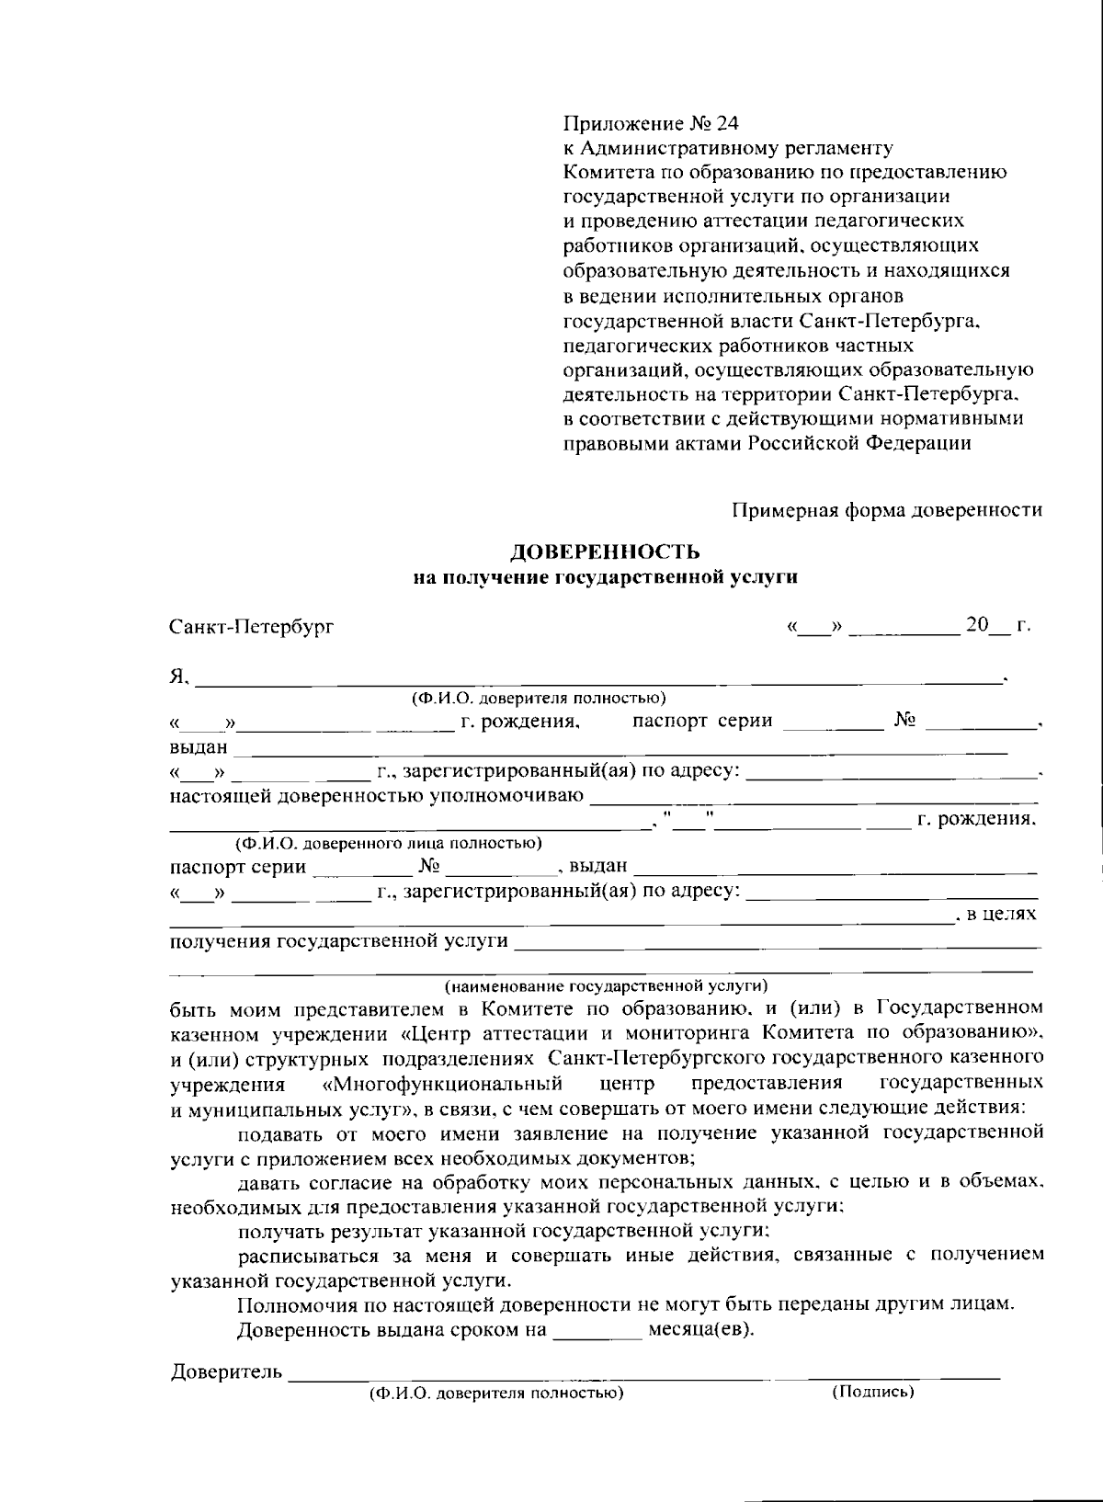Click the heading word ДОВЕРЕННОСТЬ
605,552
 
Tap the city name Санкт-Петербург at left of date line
252,627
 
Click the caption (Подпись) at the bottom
872,1393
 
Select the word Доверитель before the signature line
226,1372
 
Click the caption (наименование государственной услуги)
606,986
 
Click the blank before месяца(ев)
597,1330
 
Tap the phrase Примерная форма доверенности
887,510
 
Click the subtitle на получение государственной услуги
605,577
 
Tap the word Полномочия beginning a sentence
291,1304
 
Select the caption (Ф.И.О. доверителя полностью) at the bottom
496,1393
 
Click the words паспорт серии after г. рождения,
702,721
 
